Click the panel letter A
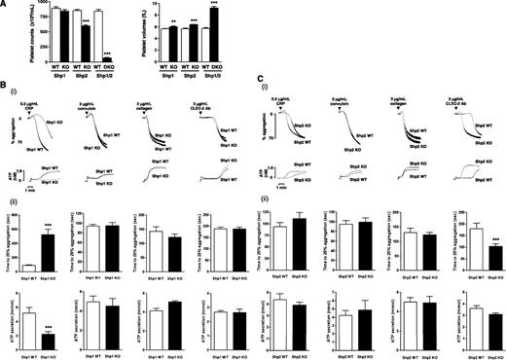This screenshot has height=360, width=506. (5, 6)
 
